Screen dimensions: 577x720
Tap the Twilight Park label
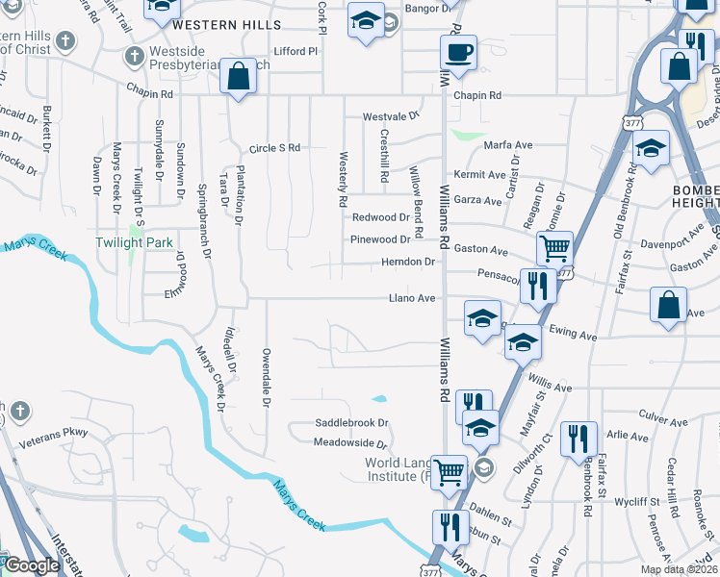click(133, 242)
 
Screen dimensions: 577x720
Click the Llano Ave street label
click(412, 298)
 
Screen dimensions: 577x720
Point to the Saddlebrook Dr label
click(351, 422)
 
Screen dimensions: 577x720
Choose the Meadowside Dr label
click(349, 443)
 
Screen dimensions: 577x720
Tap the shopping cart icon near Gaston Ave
click(554, 248)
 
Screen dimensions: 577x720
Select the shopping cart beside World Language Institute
click(449, 472)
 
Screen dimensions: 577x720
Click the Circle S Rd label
click(275, 148)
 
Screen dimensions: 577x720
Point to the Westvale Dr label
click(392, 116)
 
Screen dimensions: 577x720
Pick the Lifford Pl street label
click(296, 51)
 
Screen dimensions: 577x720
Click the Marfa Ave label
click(508, 145)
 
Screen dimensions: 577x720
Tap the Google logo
click(32, 565)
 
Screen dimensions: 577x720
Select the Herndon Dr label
click(408, 262)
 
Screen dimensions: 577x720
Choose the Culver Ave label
click(663, 421)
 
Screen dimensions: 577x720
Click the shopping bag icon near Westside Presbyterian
click(237, 75)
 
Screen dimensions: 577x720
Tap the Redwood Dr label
click(381, 217)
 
